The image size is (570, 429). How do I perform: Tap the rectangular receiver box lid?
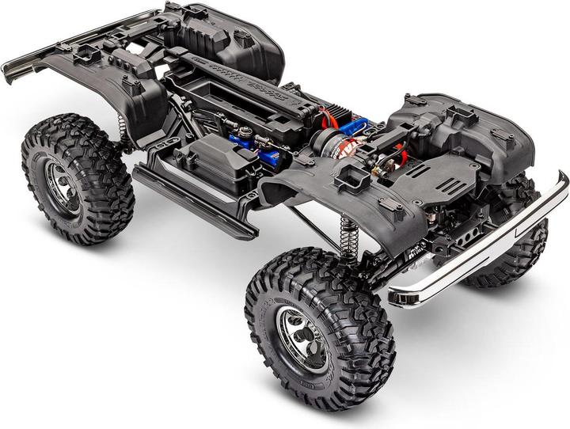(x=201, y=158)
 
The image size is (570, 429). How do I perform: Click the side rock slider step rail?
(x=194, y=197)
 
